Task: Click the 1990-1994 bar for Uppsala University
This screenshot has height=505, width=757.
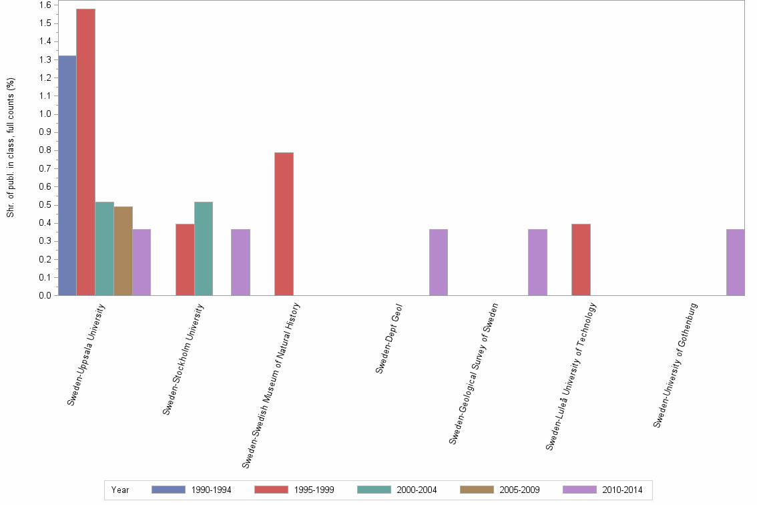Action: (67, 176)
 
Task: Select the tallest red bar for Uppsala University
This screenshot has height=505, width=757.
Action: (85, 152)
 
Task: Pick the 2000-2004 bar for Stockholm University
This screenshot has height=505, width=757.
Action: (204, 248)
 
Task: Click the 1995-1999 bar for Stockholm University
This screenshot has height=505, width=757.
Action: (185, 260)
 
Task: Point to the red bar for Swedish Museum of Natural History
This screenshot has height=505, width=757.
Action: (284, 224)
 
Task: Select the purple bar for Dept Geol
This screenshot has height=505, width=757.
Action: (439, 263)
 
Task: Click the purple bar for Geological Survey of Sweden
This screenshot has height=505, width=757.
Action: (537, 263)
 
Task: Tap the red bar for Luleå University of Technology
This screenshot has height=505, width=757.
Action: (581, 260)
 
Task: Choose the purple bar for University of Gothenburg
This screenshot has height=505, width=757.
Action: (736, 263)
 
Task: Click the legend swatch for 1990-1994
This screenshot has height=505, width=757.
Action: (168, 490)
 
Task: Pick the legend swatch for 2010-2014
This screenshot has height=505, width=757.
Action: (580, 490)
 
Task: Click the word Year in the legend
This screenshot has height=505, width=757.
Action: (120, 490)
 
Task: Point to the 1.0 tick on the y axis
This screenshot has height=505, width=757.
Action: (45, 114)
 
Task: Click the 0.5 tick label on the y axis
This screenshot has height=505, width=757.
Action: (45, 205)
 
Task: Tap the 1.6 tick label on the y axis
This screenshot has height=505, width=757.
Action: (45, 5)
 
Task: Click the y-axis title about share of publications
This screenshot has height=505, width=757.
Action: (11, 148)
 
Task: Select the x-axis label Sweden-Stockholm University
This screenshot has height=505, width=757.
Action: (184, 359)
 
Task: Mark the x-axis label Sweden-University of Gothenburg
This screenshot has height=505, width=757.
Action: (676, 365)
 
